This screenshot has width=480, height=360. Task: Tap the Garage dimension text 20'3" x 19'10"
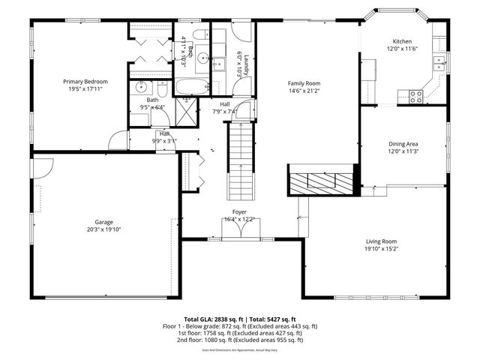click(x=103, y=229)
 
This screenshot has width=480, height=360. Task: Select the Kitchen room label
click(x=402, y=41)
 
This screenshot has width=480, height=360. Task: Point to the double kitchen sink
click(x=442, y=63)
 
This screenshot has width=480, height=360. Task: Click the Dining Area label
click(x=403, y=143)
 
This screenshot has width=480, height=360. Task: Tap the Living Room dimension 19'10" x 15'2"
click(x=380, y=249)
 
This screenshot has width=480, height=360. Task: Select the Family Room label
click(x=304, y=83)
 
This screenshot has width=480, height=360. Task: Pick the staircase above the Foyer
click(x=241, y=160)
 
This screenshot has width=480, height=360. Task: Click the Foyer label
click(x=239, y=212)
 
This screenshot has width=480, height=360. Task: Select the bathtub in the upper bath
click(x=194, y=85)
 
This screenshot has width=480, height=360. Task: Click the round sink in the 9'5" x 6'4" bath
click(x=140, y=87)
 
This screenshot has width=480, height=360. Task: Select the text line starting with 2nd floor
click(x=240, y=340)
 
